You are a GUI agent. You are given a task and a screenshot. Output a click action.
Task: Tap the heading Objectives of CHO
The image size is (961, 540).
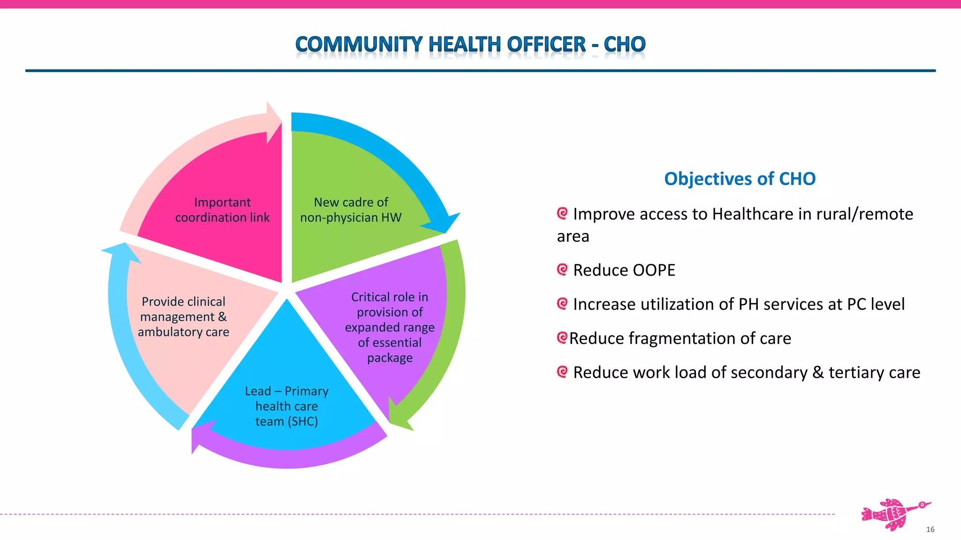point(740,179)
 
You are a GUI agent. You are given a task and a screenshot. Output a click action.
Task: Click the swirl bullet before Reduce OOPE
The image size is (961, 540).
point(562,270)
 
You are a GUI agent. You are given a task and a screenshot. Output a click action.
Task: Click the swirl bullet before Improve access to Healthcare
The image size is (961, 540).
point(562,213)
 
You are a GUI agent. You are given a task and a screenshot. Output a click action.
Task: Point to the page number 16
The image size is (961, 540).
point(930,530)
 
